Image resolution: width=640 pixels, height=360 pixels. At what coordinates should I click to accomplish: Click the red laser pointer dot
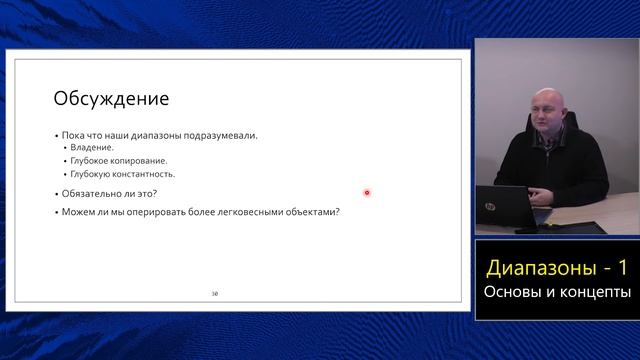tap(367, 193)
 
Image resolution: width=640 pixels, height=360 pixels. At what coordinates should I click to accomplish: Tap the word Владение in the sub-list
tap(92, 148)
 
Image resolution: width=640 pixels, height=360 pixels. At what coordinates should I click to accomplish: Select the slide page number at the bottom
tap(214, 294)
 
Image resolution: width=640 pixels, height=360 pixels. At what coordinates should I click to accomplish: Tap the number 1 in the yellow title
tap(622, 268)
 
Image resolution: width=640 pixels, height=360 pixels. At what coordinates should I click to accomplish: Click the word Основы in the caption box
tap(511, 292)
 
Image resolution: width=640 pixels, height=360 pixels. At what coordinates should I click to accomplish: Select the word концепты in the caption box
tap(594, 292)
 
